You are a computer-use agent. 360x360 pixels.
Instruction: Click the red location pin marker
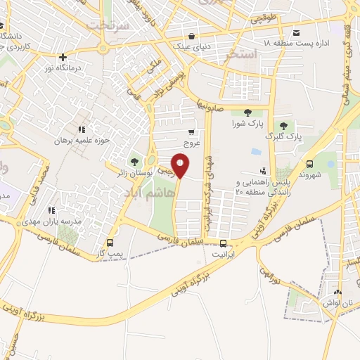coord(181,165)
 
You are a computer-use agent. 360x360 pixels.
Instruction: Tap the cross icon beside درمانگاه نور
coord(63,57)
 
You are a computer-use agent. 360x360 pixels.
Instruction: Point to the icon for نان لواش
coord(337,293)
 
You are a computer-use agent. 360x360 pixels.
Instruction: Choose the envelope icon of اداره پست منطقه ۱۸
coord(296,32)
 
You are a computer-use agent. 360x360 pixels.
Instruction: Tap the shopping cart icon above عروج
coord(192,131)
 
